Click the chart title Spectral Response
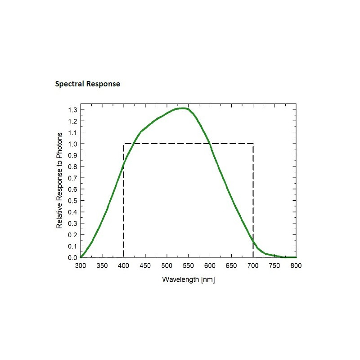click(x=87, y=84)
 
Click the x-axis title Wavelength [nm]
click(x=189, y=280)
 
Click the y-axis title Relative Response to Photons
click(x=59, y=180)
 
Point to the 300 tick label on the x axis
click(x=81, y=266)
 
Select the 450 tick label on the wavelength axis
click(x=145, y=266)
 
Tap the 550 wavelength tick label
click(x=189, y=266)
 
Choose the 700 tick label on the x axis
click(x=253, y=266)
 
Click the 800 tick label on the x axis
click(x=296, y=266)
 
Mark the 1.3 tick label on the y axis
click(x=72, y=110)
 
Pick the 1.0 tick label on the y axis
click(x=72, y=144)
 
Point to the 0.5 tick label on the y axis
click(x=72, y=201)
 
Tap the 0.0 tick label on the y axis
click(x=72, y=258)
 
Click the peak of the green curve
click(x=182, y=108)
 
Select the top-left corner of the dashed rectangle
click(x=124, y=144)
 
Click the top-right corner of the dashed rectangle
click(x=253, y=144)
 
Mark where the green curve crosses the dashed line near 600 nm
click(x=210, y=144)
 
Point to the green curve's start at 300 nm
click(x=81, y=257)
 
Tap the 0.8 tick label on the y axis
click(x=72, y=166)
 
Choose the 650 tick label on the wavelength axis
click(x=231, y=266)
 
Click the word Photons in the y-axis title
click(x=59, y=146)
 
